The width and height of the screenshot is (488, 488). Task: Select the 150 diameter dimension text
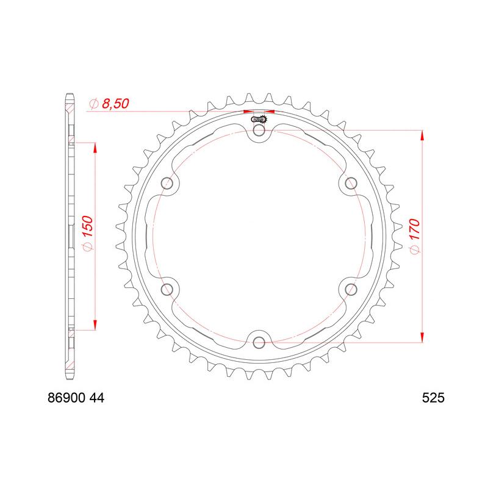88,226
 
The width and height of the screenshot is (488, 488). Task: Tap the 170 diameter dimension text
414,229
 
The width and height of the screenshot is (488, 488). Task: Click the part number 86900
66,398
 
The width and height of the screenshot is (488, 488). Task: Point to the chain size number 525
433,398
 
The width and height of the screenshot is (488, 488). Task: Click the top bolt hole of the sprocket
259,131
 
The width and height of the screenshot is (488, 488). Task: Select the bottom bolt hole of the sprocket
259,343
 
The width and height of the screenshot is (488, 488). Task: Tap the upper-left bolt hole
167,184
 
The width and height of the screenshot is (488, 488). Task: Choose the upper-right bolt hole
351,184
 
